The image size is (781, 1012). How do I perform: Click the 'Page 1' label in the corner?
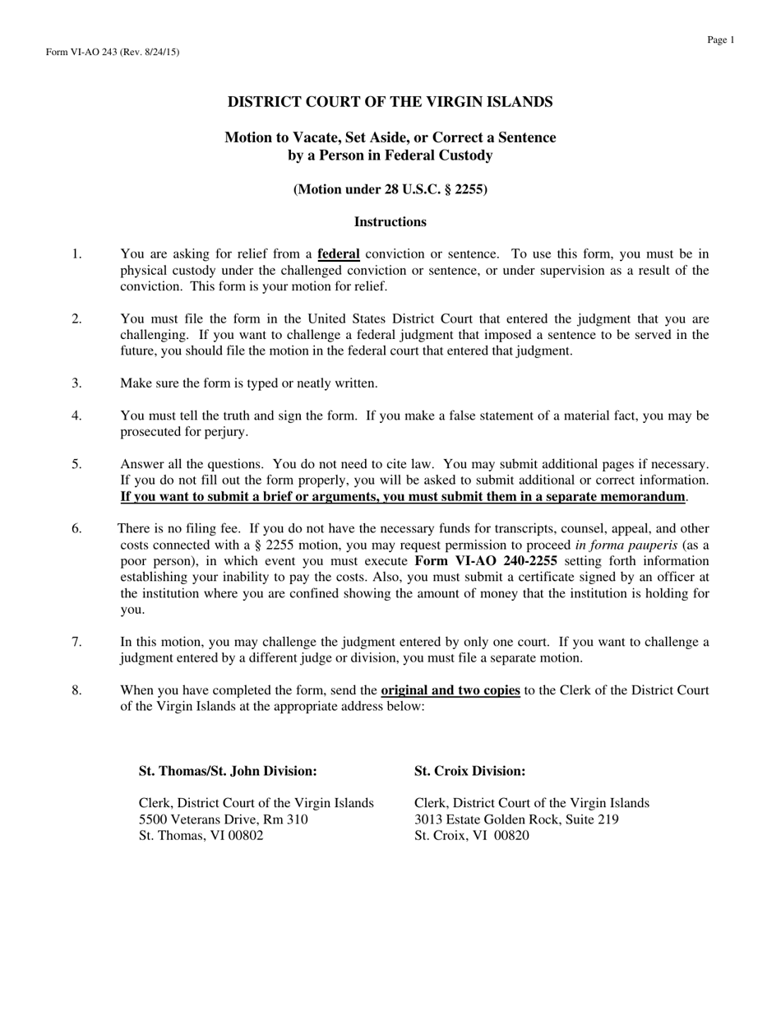pyautogui.click(x=720, y=39)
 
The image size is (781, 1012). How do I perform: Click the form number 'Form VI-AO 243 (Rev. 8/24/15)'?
pyautogui.click(x=113, y=53)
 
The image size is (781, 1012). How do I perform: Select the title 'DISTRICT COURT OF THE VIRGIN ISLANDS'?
pyautogui.click(x=390, y=102)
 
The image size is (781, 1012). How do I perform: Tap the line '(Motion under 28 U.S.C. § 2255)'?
pyautogui.click(x=390, y=189)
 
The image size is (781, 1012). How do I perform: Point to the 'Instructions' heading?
pyautogui.click(x=390, y=222)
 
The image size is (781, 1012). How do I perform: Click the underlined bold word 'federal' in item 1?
pyautogui.click(x=339, y=254)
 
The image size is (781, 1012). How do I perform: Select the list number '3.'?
pyautogui.click(x=76, y=383)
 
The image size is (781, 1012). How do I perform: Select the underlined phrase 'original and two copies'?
pyautogui.click(x=451, y=691)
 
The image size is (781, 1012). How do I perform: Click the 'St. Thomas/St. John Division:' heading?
pyautogui.click(x=228, y=771)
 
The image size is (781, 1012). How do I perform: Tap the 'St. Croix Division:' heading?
pyautogui.click(x=469, y=771)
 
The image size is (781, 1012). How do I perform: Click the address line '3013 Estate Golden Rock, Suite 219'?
pyautogui.click(x=516, y=819)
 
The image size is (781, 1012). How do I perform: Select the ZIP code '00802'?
pyautogui.click(x=246, y=836)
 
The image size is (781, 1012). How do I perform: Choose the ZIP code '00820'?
pyautogui.click(x=511, y=836)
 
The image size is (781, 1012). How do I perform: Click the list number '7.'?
pyautogui.click(x=76, y=643)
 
